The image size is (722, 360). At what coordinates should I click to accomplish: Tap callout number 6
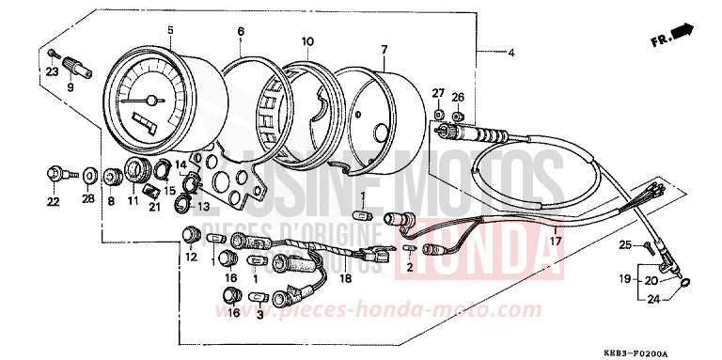tap(241, 31)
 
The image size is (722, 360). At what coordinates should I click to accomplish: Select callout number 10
tap(306, 41)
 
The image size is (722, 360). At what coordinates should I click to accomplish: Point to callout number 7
tap(384, 49)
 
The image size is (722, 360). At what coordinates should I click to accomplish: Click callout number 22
tap(53, 201)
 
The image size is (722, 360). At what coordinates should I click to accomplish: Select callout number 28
tap(88, 201)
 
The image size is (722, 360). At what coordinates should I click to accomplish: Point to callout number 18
tap(345, 280)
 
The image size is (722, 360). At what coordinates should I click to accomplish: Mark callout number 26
tap(458, 97)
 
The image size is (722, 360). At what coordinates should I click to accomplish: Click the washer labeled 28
tap(88, 176)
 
